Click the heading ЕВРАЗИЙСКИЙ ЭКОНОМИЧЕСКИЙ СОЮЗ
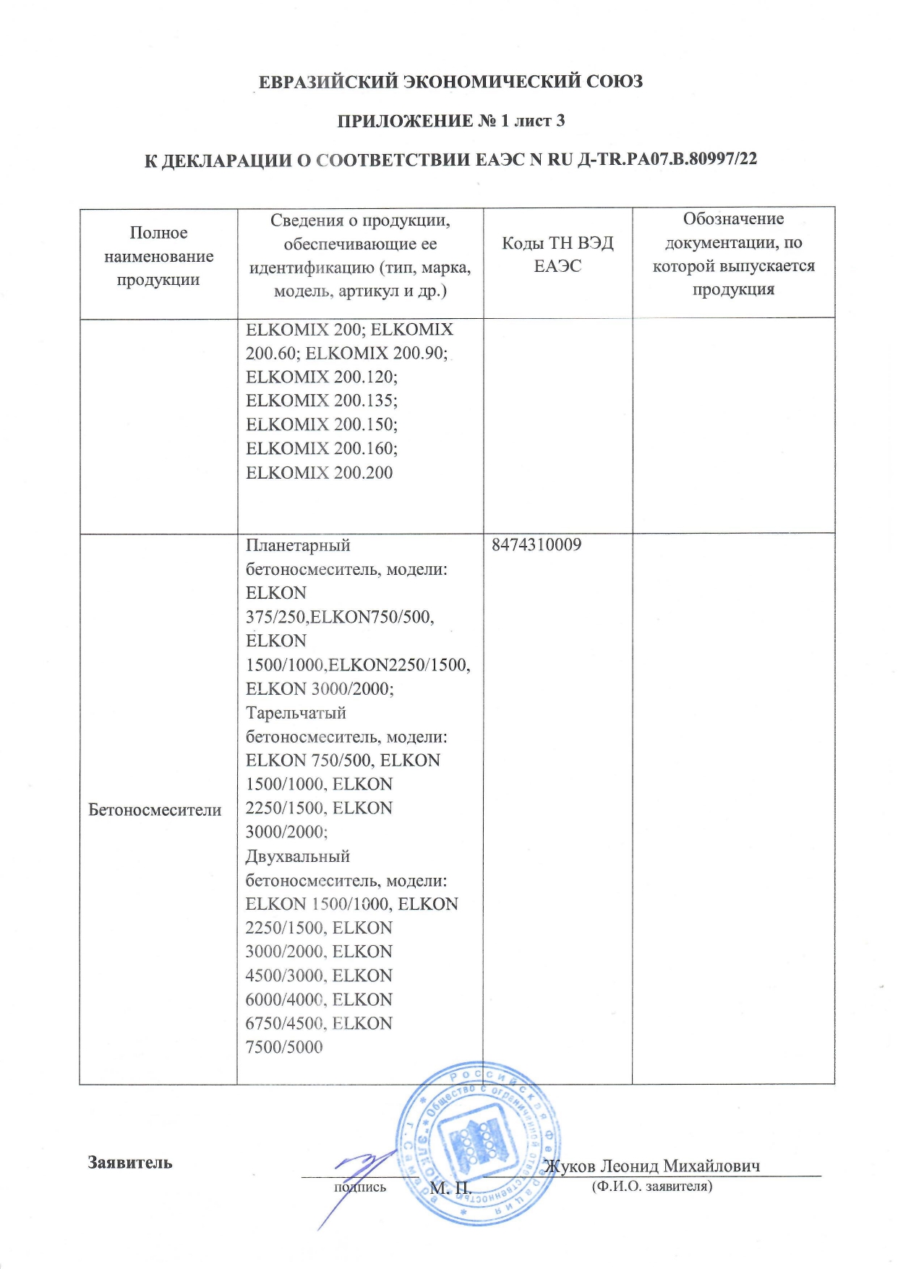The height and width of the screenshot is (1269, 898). click(450, 82)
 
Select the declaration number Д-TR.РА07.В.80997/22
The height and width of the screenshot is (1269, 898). click(667, 159)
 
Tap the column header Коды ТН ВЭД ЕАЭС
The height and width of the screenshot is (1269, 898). click(557, 255)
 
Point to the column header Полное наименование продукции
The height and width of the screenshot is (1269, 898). click(158, 256)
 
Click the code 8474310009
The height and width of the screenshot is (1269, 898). click(536, 545)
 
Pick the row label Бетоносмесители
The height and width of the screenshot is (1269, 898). click(155, 810)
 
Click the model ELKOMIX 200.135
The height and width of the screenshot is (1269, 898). click(322, 401)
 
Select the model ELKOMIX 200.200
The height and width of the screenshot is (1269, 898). click(320, 473)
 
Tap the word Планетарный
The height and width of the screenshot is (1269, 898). click(298, 545)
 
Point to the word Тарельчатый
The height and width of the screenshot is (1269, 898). click(296, 713)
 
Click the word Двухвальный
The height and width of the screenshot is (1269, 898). click(298, 857)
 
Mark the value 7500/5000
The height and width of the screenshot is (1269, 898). click(284, 1047)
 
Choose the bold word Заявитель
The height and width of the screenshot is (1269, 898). click(130, 1163)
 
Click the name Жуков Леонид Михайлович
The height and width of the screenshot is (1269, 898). click(651, 1166)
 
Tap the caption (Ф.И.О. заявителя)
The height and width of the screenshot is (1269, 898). click(651, 1187)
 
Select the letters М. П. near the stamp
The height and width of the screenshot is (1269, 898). click(450, 1188)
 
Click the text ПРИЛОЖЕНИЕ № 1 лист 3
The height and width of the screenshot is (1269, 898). click(450, 121)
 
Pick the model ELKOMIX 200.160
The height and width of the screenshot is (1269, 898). click(322, 449)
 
